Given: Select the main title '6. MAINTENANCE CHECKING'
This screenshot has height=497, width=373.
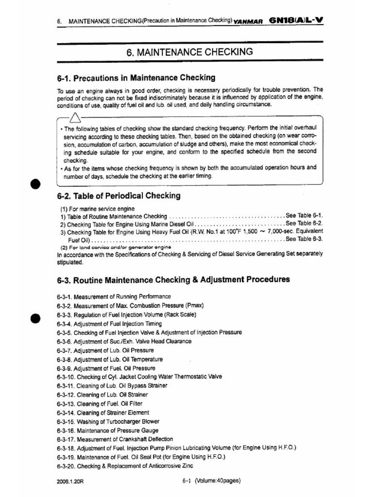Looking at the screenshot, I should (x=189, y=52).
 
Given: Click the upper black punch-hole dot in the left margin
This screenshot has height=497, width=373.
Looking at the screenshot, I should (x=35, y=185).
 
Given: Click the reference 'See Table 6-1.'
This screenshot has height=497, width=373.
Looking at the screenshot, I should (x=305, y=215).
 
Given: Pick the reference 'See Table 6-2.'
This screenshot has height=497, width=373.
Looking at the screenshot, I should (x=305, y=223).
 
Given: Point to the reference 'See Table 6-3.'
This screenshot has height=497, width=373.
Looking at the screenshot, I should (x=305, y=239).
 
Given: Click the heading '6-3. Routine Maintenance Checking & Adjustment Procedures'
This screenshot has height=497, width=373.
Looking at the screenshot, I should (x=173, y=280).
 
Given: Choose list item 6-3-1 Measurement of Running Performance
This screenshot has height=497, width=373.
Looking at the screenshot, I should (x=114, y=297).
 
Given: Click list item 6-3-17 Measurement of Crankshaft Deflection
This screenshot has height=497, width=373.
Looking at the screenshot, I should (x=115, y=439).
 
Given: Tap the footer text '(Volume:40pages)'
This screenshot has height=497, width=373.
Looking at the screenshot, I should (x=218, y=481).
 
